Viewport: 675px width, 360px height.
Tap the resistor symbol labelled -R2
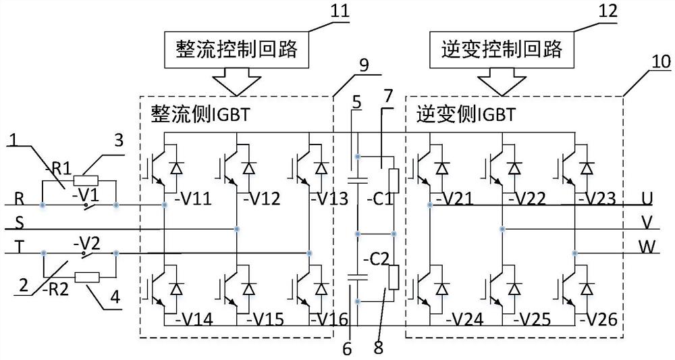point(87,277)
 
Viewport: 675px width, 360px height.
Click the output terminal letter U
point(647,200)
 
